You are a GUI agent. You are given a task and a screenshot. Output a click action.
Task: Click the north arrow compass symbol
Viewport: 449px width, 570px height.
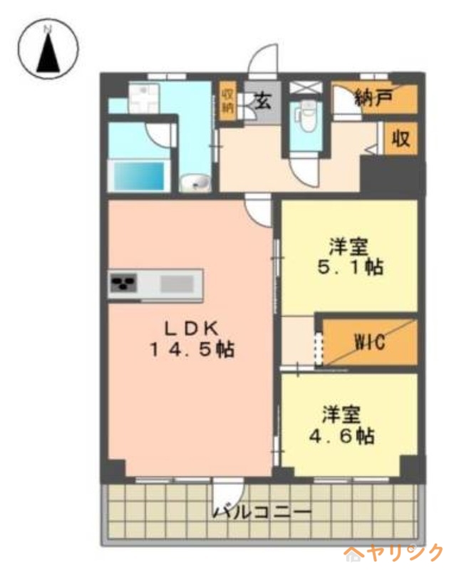(48, 49)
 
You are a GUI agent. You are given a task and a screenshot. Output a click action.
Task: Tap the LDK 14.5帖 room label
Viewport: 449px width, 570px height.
(192, 340)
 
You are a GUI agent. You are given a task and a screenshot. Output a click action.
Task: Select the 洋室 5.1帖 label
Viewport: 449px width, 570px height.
(350, 256)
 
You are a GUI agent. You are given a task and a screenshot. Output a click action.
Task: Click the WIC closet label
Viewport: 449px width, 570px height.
(369, 342)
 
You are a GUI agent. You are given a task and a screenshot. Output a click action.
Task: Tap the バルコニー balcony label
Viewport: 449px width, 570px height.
(262, 512)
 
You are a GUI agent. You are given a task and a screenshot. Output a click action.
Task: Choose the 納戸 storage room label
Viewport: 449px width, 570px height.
(373, 98)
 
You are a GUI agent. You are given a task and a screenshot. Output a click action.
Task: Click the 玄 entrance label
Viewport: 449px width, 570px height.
(262, 100)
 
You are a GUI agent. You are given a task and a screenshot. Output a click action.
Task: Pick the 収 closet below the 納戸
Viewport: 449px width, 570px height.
(401, 138)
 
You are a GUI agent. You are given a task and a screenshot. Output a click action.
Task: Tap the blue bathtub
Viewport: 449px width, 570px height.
(139, 175)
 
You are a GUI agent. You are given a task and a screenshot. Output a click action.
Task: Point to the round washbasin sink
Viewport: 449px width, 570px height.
(195, 182)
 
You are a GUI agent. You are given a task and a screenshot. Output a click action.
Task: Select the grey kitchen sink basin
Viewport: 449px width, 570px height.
(177, 284)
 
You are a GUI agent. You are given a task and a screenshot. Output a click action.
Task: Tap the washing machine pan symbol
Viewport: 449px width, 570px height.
(144, 98)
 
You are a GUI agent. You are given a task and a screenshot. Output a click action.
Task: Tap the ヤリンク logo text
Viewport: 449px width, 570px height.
(396, 554)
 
